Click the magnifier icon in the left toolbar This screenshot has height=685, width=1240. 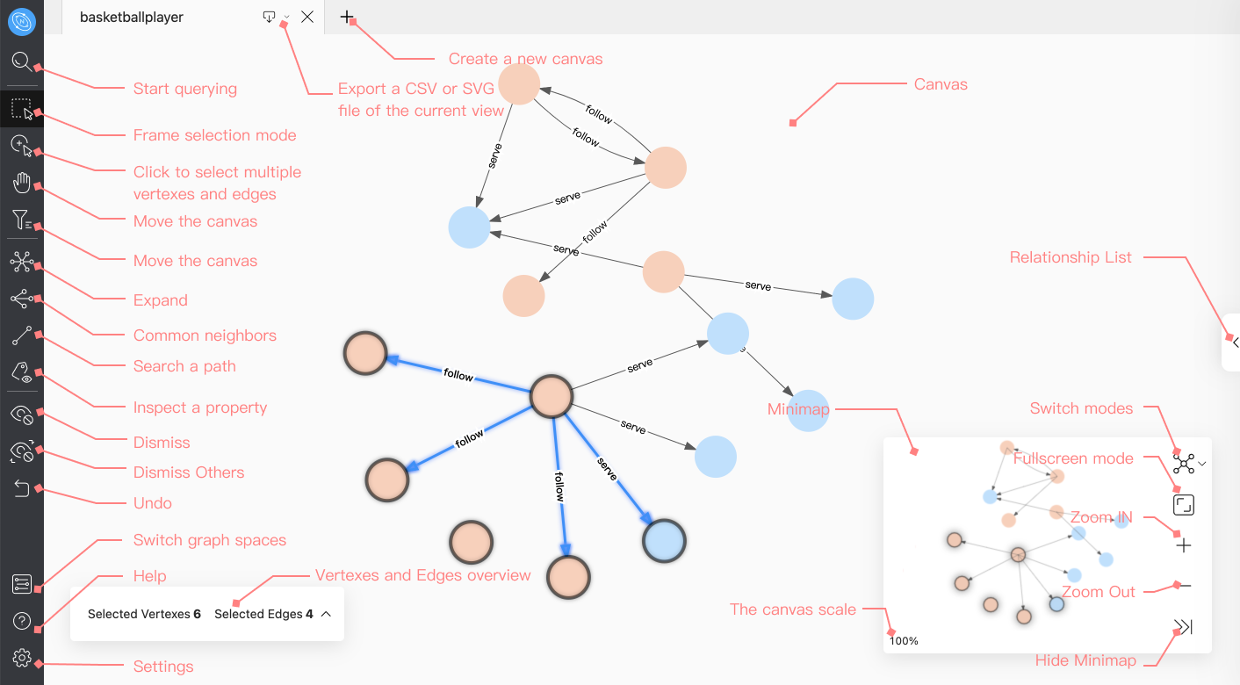(21, 62)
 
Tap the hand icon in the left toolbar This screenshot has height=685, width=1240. (21, 183)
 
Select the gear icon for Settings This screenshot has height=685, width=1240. (22, 658)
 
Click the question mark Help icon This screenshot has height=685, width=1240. (22, 622)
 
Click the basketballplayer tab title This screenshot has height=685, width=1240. (132, 17)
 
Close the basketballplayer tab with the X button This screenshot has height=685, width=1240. (307, 17)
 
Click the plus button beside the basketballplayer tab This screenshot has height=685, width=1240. (347, 17)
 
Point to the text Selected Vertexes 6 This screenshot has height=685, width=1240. (144, 614)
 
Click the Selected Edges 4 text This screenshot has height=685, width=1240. (263, 614)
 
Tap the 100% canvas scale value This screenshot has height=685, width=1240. (904, 641)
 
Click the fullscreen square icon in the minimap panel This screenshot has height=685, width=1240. (1184, 505)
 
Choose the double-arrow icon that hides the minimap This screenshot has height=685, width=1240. (1184, 627)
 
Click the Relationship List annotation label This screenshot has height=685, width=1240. (1071, 257)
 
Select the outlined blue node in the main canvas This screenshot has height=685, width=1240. (664, 540)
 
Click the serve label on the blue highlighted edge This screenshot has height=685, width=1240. (608, 469)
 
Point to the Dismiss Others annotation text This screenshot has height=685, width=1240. (189, 472)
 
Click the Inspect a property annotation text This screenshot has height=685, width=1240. (200, 407)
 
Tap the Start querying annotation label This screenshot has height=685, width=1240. (185, 89)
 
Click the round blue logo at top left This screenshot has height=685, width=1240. (21, 21)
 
